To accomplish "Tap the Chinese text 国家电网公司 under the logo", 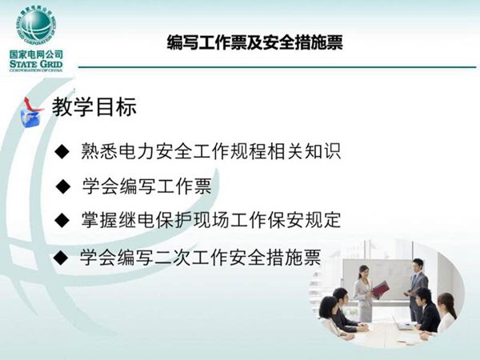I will pos(34,54).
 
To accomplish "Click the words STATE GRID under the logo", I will pos(34,63).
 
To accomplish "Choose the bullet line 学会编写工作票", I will pos(147,186).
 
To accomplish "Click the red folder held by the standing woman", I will pos(380,289).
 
